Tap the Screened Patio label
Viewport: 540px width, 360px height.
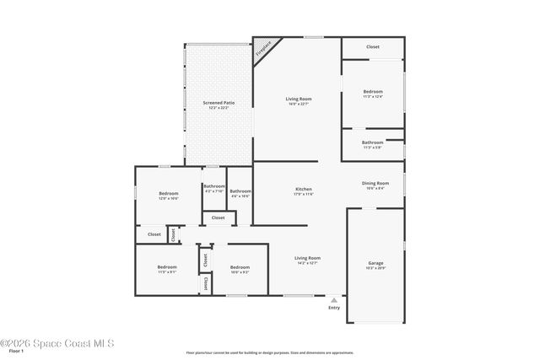tap(219, 105)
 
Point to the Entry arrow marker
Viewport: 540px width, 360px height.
tap(334, 299)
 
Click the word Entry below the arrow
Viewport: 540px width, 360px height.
tap(334, 308)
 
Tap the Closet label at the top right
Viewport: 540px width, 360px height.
tap(372, 47)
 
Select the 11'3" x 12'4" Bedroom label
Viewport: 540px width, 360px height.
tap(373, 94)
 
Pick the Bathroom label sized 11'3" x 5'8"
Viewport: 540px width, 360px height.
tap(372, 145)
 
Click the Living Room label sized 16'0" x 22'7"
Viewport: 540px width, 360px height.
tap(299, 101)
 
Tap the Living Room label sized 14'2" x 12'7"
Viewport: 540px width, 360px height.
tap(307, 261)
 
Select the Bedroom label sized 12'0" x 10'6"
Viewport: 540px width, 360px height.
tap(168, 196)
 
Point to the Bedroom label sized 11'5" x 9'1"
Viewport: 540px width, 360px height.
tap(166, 269)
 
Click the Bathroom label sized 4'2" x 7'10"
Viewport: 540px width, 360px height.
tap(214, 188)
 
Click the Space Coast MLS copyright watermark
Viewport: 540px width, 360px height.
tap(57, 343)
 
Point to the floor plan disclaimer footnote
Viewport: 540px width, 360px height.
tap(269, 352)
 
